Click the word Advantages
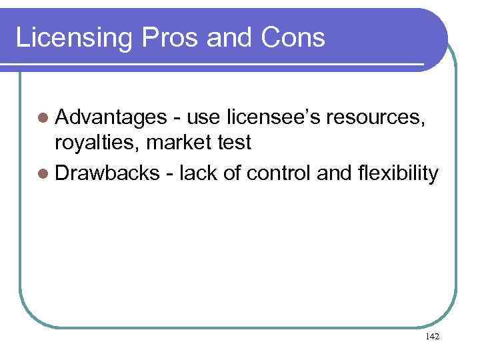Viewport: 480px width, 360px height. coord(111,118)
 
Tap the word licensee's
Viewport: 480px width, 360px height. coord(273,118)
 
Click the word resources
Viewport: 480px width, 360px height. coord(378,118)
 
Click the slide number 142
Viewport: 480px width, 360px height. coord(431,337)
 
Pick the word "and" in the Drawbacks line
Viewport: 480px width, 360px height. coord(337,173)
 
